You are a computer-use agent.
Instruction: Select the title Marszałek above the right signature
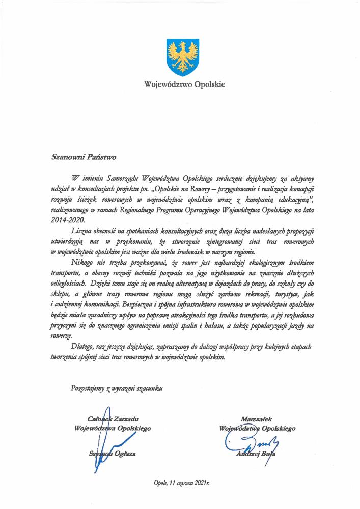(257, 418)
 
